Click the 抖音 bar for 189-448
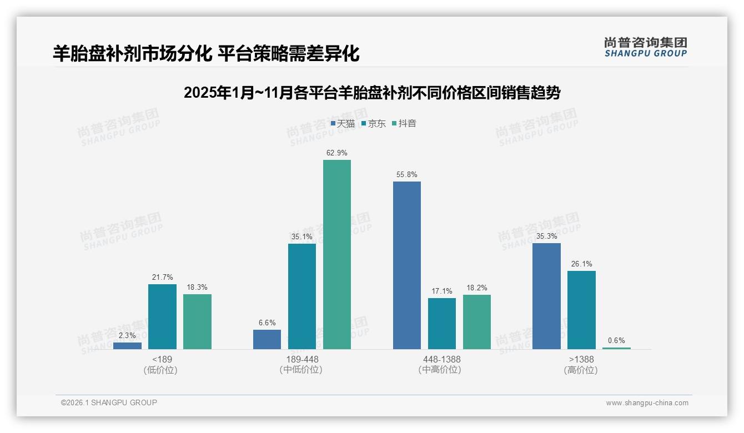(337, 254)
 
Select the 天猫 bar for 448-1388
(406, 265)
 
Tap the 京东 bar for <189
(162, 316)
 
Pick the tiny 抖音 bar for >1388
(616, 348)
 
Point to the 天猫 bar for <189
(127, 345)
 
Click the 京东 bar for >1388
(581, 310)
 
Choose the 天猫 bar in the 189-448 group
(267, 339)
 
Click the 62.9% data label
(337, 153)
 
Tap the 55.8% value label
(406, 174)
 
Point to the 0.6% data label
(616, 340)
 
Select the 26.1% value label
(581, 264)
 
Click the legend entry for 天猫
(343, 123)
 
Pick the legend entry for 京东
(374, 123)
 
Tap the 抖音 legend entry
(404, 123)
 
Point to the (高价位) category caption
(581, 370)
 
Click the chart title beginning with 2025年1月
(371, 93)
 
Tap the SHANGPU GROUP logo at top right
(645, 47)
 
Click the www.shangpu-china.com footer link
(647, 403)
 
